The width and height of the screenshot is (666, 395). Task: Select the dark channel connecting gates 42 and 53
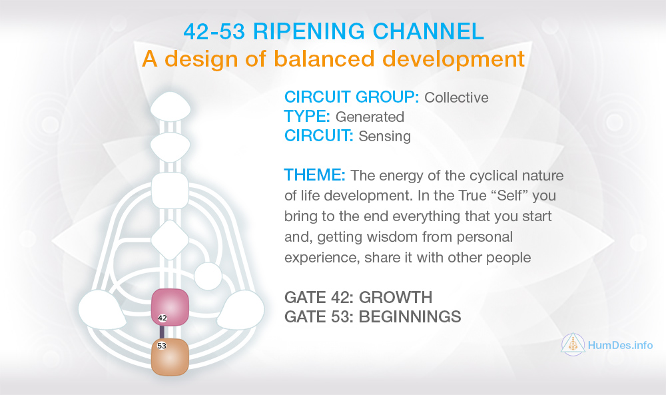pos(162,332)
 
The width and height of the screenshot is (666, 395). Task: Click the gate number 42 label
pos(163,318)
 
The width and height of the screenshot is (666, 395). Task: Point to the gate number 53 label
pos(162,346)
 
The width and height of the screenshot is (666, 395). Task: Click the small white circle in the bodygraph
pos(208,276)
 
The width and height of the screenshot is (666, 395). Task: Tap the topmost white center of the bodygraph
pos(170,106)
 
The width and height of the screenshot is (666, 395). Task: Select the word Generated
pos(370,117)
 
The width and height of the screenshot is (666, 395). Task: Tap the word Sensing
pos(384,137)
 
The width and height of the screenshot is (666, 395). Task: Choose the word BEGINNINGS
pos(410,316)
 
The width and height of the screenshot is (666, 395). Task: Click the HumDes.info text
pos(621,345)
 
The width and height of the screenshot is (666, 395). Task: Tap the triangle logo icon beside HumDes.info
pos(573,344)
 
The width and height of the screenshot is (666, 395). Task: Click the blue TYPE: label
pos(307,117)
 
